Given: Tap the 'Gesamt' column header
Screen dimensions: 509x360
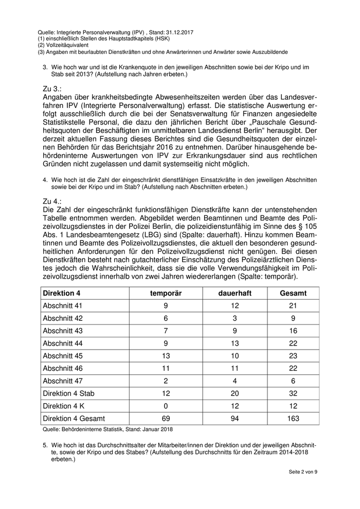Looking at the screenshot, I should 293,294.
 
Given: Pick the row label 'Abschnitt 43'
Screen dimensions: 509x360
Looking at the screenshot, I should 63,331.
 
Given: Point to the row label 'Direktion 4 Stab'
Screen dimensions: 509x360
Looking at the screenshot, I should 69,393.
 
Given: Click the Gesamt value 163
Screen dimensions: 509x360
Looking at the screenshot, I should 293,419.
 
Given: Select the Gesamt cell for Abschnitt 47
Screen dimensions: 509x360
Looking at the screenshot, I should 293,381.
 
